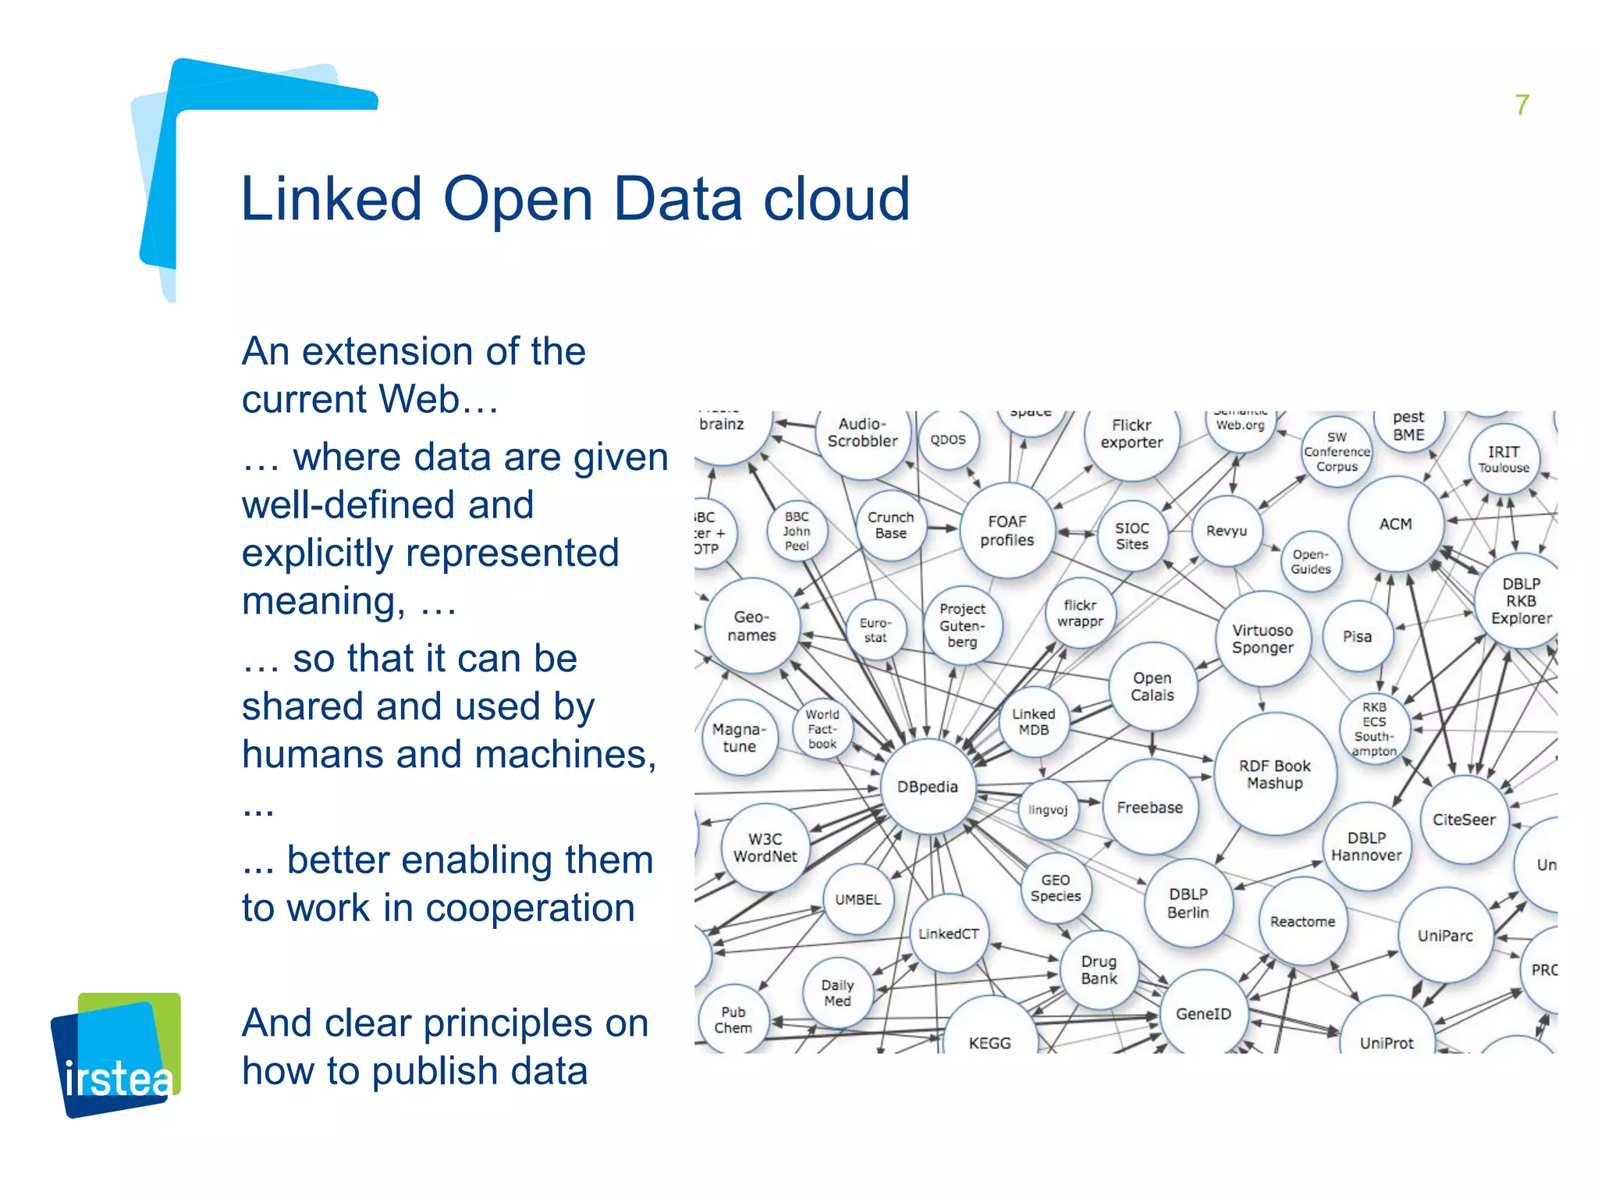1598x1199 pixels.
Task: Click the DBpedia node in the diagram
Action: point(927,786)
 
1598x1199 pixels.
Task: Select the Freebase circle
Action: point(1149,807)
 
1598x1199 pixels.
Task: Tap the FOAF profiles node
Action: point(1007,531)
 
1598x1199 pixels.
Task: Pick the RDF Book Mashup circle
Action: point(1275,774)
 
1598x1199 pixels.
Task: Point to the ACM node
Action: point(1395,524)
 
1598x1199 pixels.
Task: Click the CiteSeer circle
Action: point(1464,820)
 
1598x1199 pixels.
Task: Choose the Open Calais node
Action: point(1152,687)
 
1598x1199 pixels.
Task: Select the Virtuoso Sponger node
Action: point(1262,639)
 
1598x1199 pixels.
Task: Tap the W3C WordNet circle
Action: point(765,848)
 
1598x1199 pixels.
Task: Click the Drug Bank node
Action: point(1099,970)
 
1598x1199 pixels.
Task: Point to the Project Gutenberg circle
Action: point(962,625)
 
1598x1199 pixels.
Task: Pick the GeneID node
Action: point(1203,1013)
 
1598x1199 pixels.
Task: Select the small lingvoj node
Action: point(1047,809)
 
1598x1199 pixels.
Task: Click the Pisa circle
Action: point(1357,636)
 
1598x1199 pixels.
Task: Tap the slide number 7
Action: point(1522,105)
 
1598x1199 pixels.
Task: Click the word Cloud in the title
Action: point(836,199)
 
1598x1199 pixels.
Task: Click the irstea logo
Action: point(117,1055)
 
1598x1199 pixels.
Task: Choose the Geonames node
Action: point(751,626)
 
